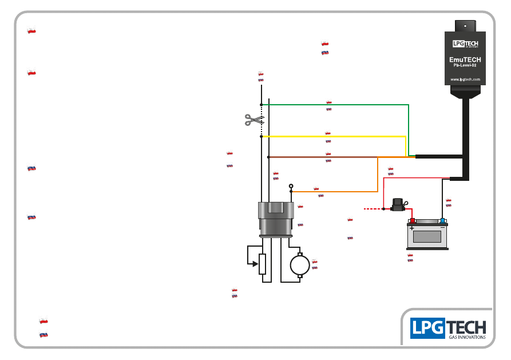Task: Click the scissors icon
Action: [254, 120]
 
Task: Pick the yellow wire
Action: [334, 136]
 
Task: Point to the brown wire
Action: [323, 157]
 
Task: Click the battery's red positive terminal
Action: [413, 221]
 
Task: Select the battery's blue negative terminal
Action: [442, 221]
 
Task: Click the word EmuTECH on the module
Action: [465, 60]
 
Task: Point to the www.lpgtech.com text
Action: [465, 79]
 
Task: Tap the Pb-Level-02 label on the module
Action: [465, 65]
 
